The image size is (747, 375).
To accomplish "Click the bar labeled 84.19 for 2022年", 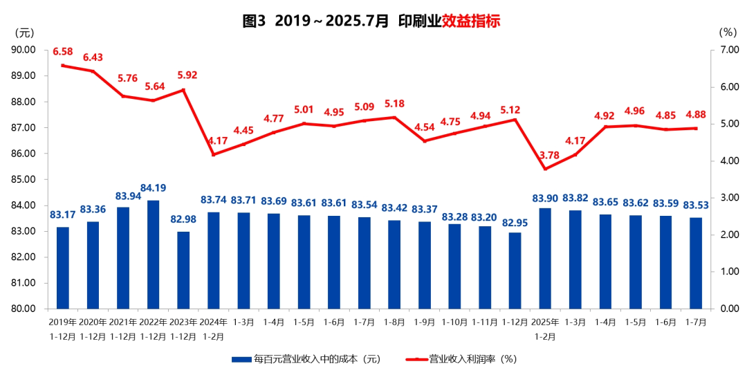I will click(154, 254).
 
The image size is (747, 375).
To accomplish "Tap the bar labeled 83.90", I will click(546, 258).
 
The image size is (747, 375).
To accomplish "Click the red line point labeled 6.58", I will click(63, 66).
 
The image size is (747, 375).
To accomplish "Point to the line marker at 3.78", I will click(546, 169).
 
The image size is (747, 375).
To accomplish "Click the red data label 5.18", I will click(394, 104).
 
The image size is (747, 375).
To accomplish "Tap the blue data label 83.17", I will click(63, 214).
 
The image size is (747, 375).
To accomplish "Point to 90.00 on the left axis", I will click(24, 50).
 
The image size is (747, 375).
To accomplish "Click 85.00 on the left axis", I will click(24, 179).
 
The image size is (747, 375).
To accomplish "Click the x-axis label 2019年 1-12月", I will click(63, 329).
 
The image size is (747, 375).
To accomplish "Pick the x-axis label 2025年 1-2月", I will click(546, 329).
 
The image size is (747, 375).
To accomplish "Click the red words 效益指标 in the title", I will click(471, 21).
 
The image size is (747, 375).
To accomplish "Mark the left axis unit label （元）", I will click(24, 32).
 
